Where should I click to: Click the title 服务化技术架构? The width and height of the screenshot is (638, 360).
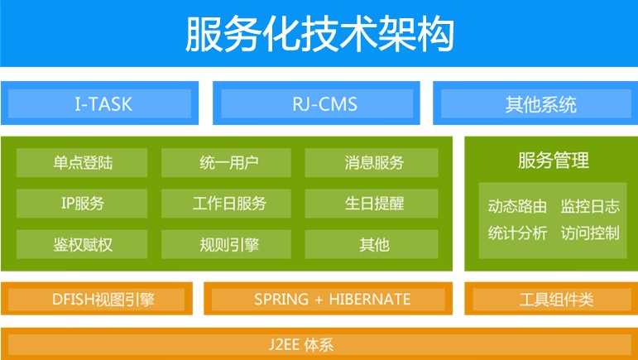[x=319, y=34]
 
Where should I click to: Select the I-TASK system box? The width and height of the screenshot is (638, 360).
[x=99, y=103]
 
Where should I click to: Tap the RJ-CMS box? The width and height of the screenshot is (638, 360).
[x=316, y=103]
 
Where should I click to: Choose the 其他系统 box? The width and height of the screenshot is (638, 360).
[x=535, y=103]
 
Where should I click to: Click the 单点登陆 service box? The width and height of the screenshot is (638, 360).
[x=82, y=163]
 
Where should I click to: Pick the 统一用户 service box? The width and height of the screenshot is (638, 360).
[x=226, y=163]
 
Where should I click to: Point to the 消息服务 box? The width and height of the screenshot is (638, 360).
[x=372, y=163]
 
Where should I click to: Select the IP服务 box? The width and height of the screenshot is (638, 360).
[x=82, y=204]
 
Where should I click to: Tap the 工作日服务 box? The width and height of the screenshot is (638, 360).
[x=226, y=204]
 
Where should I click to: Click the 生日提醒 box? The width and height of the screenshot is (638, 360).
[x=372, y=204]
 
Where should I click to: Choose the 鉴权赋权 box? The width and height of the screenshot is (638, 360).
[x=82, y=244]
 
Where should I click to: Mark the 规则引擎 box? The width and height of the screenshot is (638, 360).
[x=226, y=244]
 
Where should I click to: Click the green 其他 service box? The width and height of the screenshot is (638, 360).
[x=372, y=244]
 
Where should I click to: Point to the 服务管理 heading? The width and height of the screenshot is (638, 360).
[x=554, y=161]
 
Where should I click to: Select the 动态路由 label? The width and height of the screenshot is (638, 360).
[x=517, y=206]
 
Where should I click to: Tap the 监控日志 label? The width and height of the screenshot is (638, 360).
[x=590, y=206]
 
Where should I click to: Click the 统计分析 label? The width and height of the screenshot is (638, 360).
[x=517, y=233]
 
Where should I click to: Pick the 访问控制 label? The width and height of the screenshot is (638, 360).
[x=590, y=233]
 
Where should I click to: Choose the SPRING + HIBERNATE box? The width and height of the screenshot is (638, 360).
[x=328, y=299]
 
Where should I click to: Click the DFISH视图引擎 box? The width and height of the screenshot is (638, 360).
[x=97, y=299]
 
